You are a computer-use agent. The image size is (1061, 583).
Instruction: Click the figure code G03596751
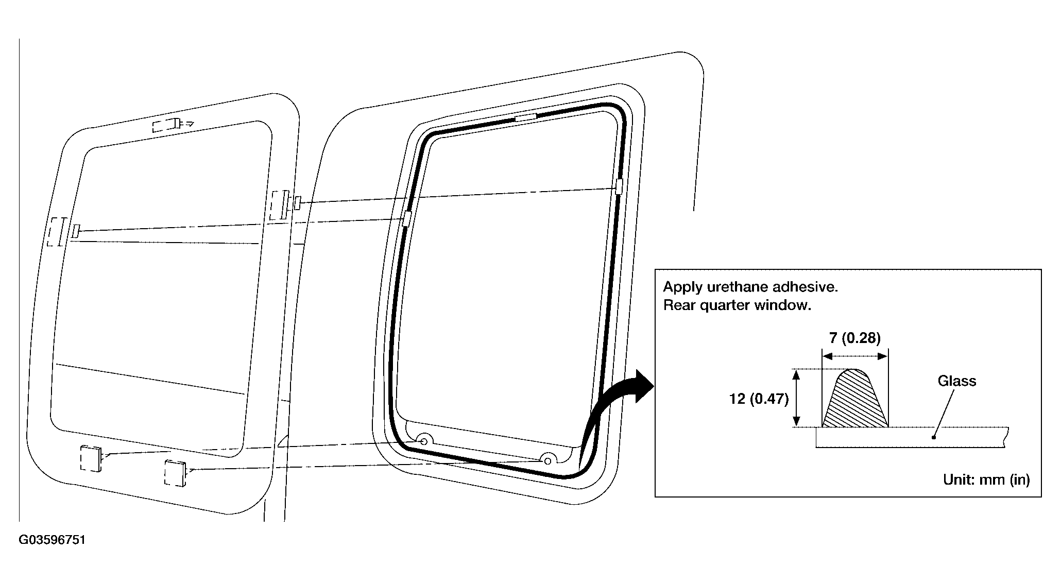[x=52, y=540]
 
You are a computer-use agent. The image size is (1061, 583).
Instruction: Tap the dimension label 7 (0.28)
[x=855, y=338]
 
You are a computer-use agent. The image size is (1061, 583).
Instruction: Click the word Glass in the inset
[x=956, y=381]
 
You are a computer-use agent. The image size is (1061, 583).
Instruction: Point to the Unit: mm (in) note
[x=986, y=479]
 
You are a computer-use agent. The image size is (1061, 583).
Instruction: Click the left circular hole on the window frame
[x=424, y=441]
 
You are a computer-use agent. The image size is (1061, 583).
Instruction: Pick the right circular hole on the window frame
[x=548, y=460]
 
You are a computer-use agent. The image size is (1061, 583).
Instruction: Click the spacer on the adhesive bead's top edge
[x=526, y=118]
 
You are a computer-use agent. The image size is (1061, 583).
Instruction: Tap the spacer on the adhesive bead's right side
[x=619, y=186]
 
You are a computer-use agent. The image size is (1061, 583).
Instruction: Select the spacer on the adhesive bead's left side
[x=406, y=218]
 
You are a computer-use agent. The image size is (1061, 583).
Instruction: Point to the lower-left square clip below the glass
[x=91, y=458]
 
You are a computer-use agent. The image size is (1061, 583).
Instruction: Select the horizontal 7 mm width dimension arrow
[x=855, y=356]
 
